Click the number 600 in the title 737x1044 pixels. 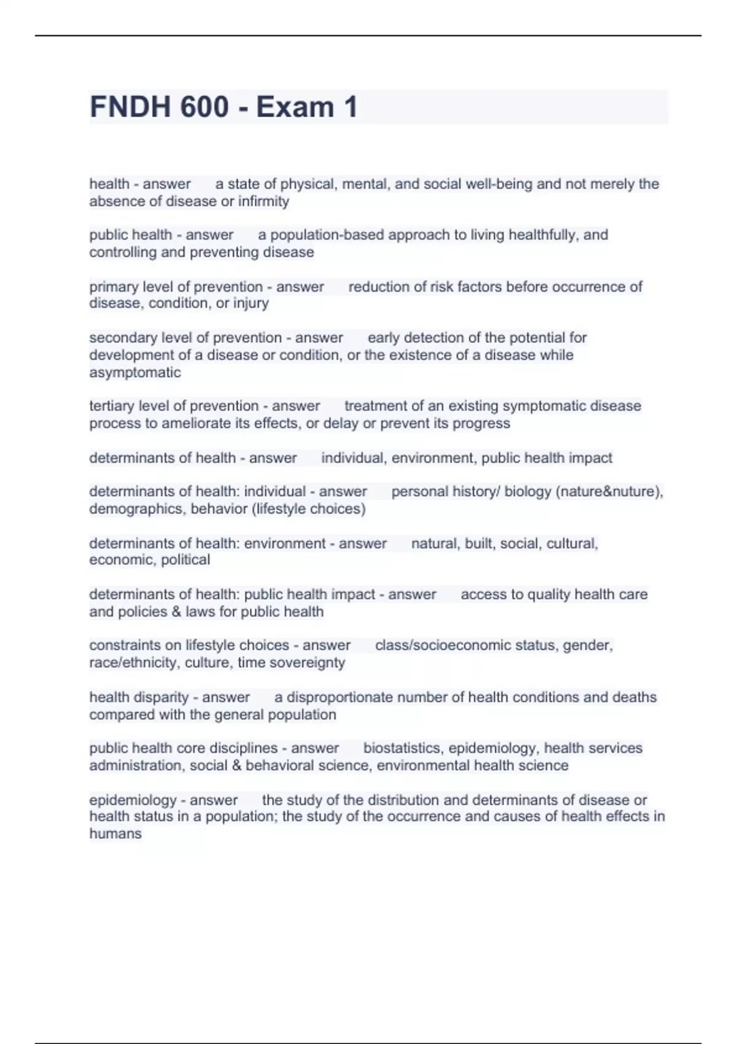click(205, 107)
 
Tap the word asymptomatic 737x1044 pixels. click(135, 373)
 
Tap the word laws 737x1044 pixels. click(200, 612)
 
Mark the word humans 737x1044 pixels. click(115, 834)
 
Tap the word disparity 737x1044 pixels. click(163, 698)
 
